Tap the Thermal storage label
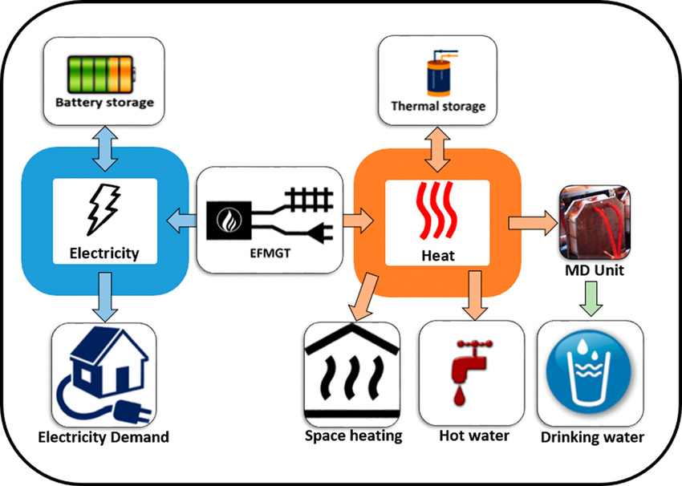(438, 106)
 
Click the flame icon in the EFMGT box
(225, 217)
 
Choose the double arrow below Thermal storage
(438, 148)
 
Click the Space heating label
(353, 435)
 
